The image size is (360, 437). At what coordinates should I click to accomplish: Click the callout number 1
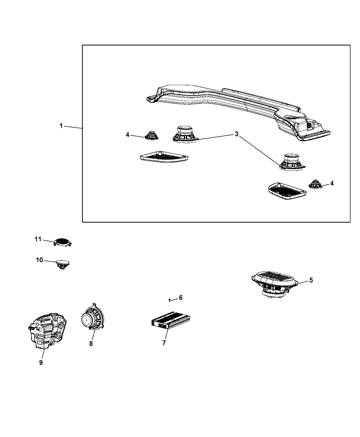[x=61, y=126]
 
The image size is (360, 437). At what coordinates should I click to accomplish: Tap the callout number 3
[x=237, y=134]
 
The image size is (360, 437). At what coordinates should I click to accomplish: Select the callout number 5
[x=311, y=280]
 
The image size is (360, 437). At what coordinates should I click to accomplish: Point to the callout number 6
[x=181, y=298]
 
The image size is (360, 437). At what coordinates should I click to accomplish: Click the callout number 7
[x=164, y=343]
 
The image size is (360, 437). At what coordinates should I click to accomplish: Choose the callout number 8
[x=91, y=344]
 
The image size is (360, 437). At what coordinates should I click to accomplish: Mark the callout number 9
[x=41, y=363]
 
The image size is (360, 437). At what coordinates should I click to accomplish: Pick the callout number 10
[x=39, y=260]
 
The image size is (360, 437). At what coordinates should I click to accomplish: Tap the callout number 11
[x=38, y=239]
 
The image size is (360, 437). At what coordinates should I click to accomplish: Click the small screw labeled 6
[x=169, y=301]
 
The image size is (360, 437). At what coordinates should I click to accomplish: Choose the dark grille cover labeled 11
[x=62, y=242]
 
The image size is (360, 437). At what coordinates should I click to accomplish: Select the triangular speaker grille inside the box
[x=164, y=157]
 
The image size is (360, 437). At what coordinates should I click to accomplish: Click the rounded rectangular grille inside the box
[x=287, y=191]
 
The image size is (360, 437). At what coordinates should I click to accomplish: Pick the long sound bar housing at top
[x=238, y=113]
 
